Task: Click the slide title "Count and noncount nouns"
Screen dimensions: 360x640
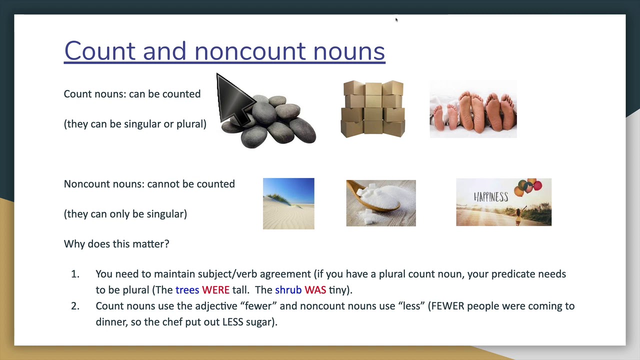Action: pos(224,51)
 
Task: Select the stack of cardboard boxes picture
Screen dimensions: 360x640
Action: pos(373,109)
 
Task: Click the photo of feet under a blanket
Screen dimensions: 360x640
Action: pos(473,109)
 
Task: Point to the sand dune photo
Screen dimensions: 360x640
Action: pos(288,203)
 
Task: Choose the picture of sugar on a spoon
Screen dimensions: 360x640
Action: pos(381,203)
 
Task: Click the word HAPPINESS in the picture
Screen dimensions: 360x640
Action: pos(490,196)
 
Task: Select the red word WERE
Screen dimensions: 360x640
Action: pos(215,290)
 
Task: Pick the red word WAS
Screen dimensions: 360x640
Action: pos(315,290)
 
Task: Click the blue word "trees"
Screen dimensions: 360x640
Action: pos(187,290)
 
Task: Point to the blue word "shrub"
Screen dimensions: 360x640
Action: pos(288,290)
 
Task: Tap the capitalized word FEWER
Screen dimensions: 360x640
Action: pos(447,306)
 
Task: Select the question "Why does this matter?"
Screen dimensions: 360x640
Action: pos(116,244)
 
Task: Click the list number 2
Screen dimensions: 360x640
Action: pos(75,306)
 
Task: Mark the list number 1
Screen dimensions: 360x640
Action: pos(75,274)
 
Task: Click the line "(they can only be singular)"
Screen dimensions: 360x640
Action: pos(125,214)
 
